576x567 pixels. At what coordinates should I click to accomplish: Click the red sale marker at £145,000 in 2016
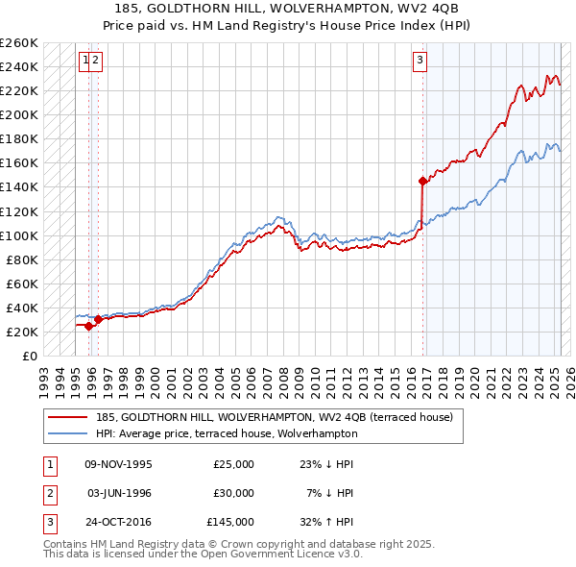[422, 180]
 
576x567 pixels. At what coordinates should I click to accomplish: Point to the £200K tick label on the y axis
[19, 114]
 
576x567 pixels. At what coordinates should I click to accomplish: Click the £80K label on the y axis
[22, 259]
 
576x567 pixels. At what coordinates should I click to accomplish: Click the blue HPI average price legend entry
[226, 433]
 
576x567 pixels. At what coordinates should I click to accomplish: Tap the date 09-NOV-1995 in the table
[119, 464]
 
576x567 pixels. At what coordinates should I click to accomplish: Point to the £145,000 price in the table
[230, 522]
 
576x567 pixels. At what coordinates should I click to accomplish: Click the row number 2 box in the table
[49, 493]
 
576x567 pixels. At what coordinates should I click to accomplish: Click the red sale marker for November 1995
[89, 326]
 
